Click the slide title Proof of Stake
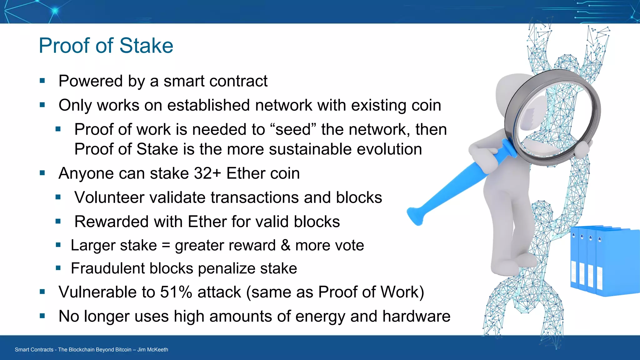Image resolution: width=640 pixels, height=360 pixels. [106, 46]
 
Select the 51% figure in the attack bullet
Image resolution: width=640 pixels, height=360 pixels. [176, 292]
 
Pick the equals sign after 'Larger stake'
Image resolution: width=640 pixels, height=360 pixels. [166, 246]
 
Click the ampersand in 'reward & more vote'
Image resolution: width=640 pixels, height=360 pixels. [285, 245]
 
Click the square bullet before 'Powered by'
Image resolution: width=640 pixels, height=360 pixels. [42, 81]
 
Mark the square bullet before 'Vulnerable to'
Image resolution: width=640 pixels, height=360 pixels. [42, 292]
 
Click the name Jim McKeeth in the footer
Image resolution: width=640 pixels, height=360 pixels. [153, 350]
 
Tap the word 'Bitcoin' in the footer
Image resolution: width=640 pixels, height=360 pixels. [122, 350]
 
